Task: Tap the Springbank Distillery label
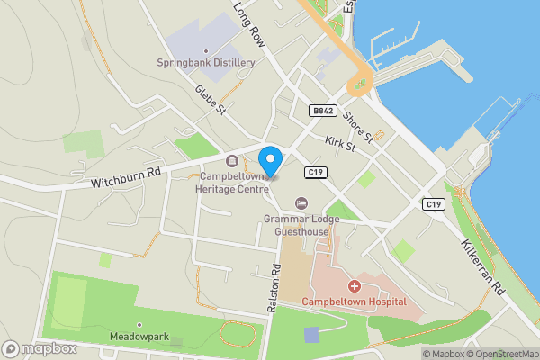click(x=206, y=63)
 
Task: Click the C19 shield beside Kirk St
click(x=314, y=172)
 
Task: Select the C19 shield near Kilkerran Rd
click(x=434, y=205)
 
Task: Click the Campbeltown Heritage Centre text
click(x=233, y=182)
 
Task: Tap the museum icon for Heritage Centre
click(x=233, y=161)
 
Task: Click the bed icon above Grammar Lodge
click(x=301, y=202)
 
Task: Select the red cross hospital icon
click(x=355, y=286)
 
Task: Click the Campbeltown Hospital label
click(x=354, y=301)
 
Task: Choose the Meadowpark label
click(x=139, y=337)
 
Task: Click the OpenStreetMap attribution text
click(x=502, y=353)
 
